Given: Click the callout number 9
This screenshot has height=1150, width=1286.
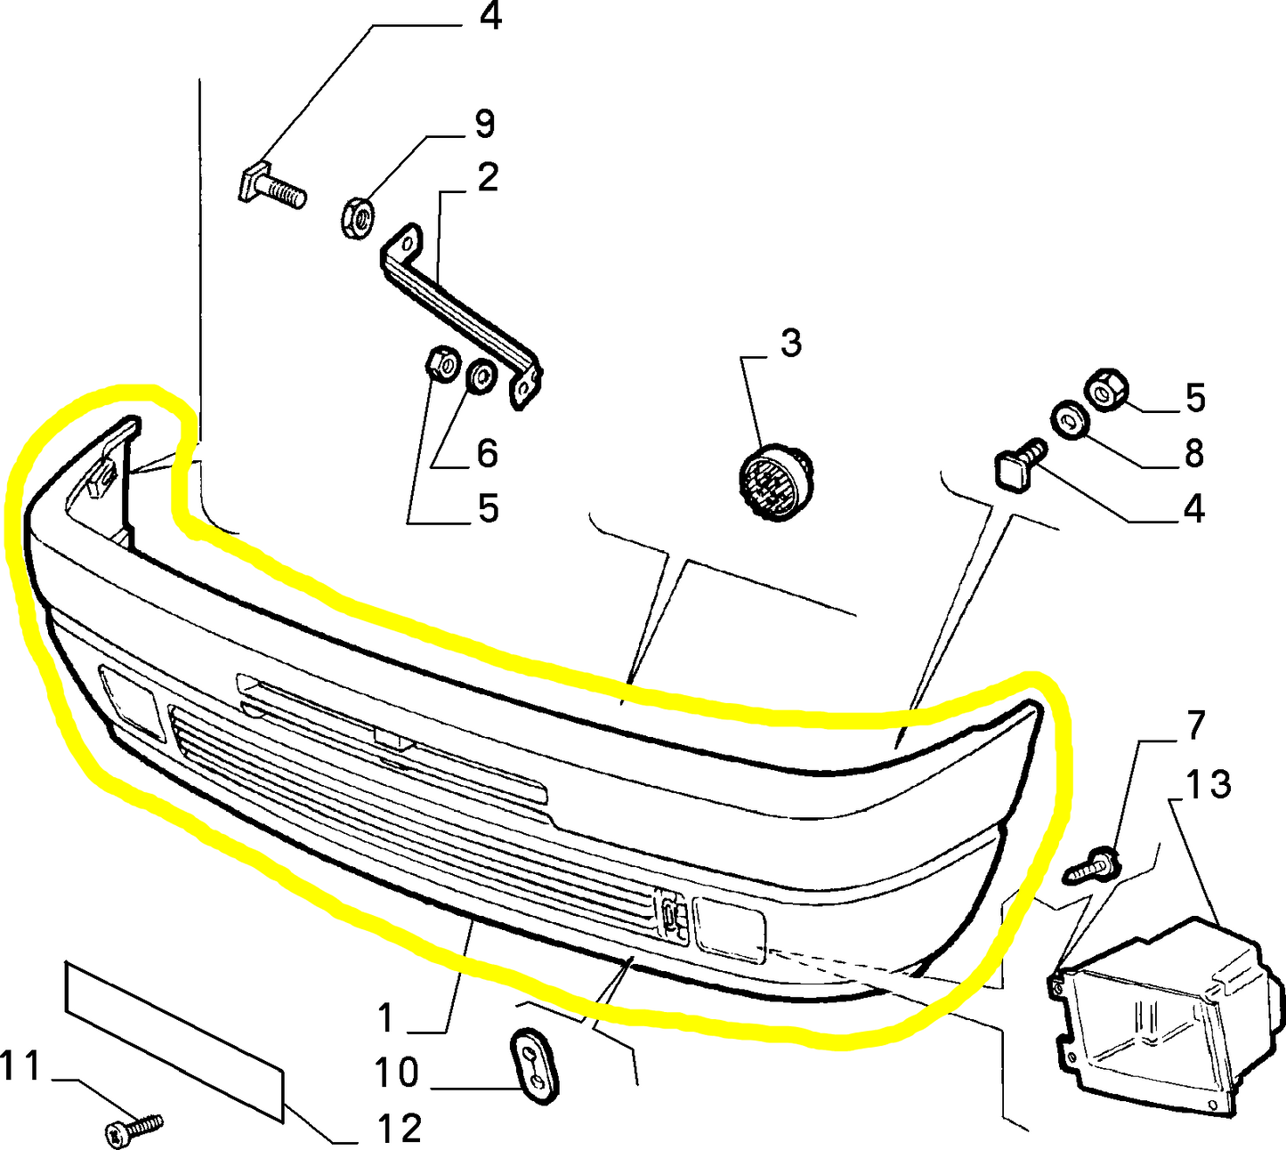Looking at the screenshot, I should [x=484, y=124].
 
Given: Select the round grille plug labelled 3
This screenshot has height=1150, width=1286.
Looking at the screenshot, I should [x=773, y=484].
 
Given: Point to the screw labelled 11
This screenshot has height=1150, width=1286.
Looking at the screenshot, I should [x=134, y=1130].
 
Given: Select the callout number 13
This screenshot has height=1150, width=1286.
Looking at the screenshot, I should [x=1208, y=785].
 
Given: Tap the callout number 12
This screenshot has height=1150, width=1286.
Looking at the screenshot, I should [x=398, y=1129].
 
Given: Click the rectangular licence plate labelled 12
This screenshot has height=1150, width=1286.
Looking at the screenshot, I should [x=174, y=1038].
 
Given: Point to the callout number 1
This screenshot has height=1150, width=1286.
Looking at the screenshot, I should [x=385, y=1018].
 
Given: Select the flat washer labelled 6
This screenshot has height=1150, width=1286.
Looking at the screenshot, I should [x=482, y=377].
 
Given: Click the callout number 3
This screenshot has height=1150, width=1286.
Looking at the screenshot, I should [x=790, y=343].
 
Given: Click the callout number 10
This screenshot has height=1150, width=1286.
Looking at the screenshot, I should [x=396, y=1073].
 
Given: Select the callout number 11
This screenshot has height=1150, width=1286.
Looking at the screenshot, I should [x=21, y=1065].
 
